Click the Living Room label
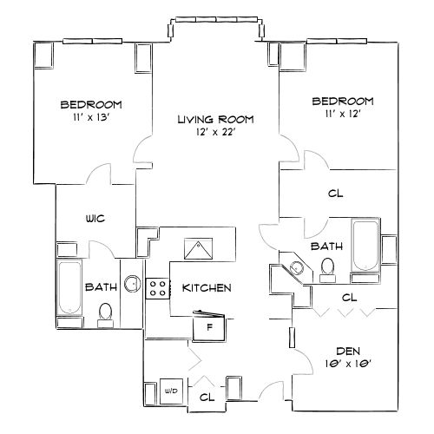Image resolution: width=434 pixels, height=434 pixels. (x=215, y=119)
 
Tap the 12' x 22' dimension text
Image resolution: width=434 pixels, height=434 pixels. (x=215, y=133)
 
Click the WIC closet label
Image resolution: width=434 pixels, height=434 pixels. (x=95, y=219)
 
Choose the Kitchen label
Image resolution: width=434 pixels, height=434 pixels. (x=207, y=287)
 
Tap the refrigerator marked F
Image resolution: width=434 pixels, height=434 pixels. (x=208, y=327)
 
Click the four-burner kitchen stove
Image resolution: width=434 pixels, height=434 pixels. (x=157, y=287)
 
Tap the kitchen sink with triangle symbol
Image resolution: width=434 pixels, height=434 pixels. (x=201, y=247)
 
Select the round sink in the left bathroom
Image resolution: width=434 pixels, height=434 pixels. (x=131, y=282)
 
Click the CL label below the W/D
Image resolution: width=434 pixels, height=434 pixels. (x=207, y=397)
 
